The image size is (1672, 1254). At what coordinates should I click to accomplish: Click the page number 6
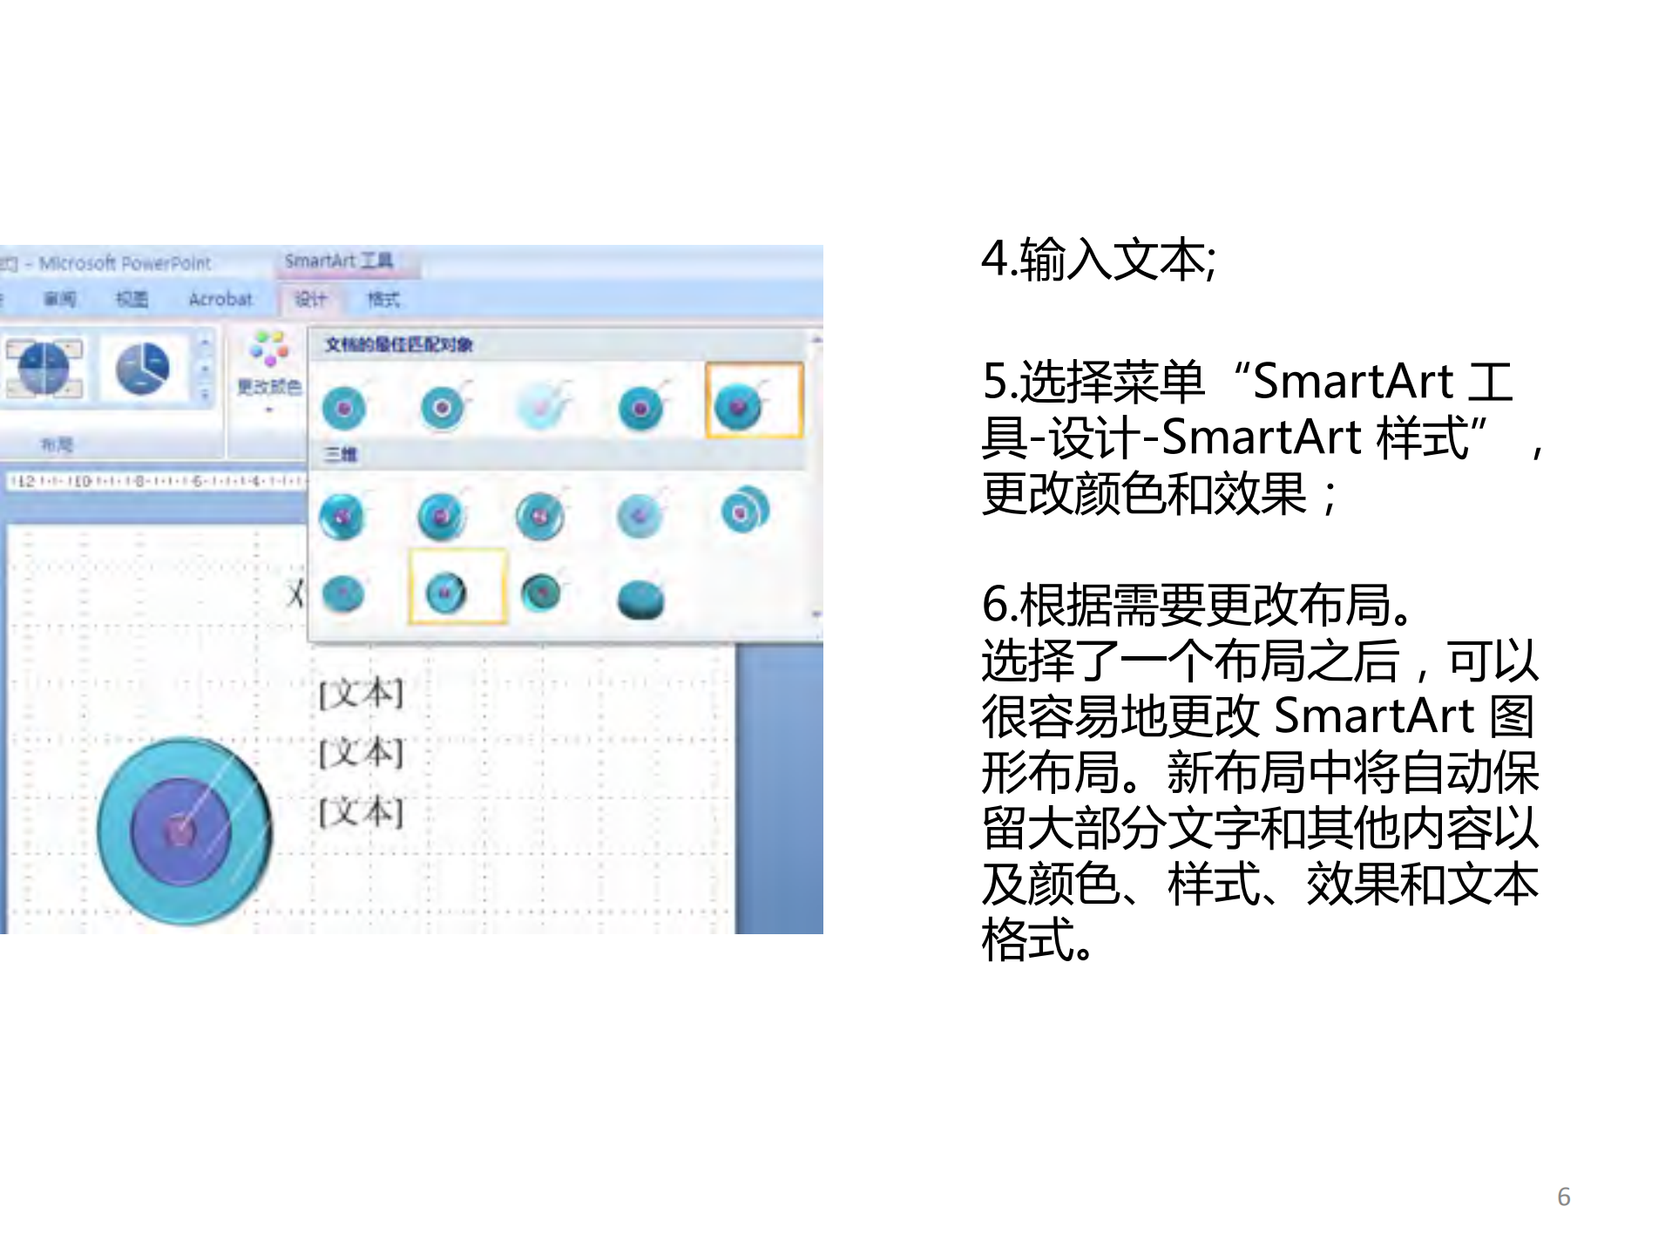pyautogui.click(x=1563, y=1196)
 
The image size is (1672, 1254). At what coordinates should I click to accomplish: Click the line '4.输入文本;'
pyautogui.click(x=1098, y=260)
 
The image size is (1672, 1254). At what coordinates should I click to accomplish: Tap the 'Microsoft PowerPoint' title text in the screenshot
pyautogui.click(x=125, y=263)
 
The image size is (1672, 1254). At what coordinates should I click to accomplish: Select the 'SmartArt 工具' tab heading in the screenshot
pyautogui.click(x=338, y=261)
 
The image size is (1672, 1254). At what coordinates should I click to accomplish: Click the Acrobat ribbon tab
pyautogui.click(x=220, y=299)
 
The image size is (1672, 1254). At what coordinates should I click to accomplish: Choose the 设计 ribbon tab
pyautogui.click(x=310, y=300)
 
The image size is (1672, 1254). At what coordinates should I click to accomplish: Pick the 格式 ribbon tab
pyautogui.click(x=383, y=300)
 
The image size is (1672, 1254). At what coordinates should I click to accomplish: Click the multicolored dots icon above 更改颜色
pyautogui.click(x=269, y=349)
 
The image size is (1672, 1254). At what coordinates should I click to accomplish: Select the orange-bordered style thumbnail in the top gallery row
pyautogui.click(x=754, y=401)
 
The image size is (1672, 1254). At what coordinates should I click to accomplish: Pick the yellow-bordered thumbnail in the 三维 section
pyautogui.click(x=457, y=586)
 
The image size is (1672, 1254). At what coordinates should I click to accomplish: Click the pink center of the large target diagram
pyautogui.click(x=180, y=830)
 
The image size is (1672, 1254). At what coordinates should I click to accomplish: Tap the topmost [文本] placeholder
pyautogui.click(x=361, y=694)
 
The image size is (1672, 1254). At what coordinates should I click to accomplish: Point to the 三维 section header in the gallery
pyautogui.click(x=341, y=454)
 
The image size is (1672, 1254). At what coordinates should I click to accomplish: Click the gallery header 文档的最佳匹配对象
pyautogui.click(x=398, y=344)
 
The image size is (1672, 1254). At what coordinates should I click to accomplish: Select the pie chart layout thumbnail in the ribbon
pyautogui.click(x=143, y=369)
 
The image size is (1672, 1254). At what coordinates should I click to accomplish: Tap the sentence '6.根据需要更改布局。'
pyautogui.click(x=1196, y=605)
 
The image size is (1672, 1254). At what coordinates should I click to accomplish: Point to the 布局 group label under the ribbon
pyautogui.click(x=57, y=444)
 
